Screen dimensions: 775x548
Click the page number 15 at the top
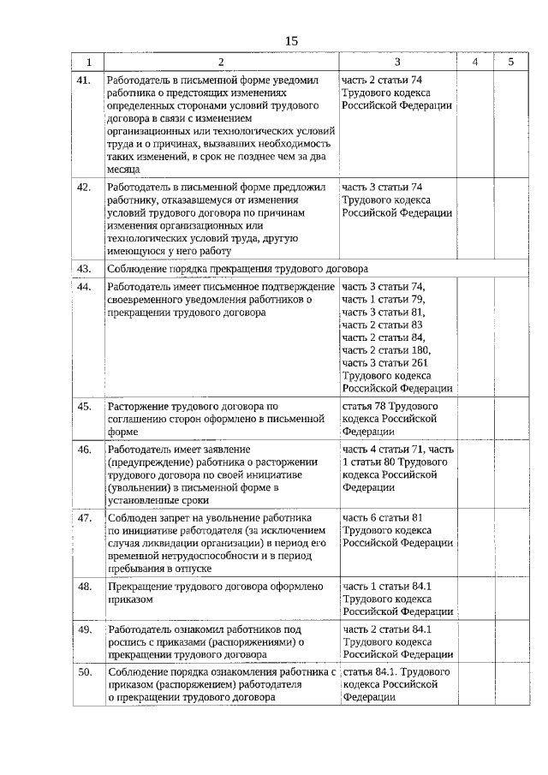click(291, 40)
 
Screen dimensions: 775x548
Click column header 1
click(88, 62)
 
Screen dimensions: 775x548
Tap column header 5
click(510, 62)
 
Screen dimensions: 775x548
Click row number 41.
click(84, 80)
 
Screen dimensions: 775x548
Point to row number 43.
click(84, 269)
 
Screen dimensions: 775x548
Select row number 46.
click(84, 450)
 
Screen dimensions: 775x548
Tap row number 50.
click(84, 673)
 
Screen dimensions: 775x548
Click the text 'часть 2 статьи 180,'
click(386, 350)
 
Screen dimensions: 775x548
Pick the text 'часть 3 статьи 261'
click(385, 363)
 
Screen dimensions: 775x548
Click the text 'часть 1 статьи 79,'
click(383, 299)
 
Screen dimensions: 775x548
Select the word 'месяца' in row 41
click(123, 170)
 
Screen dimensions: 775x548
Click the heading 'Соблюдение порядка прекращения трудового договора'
click(236, 269)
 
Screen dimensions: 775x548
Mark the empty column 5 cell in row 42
click(510, 218)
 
